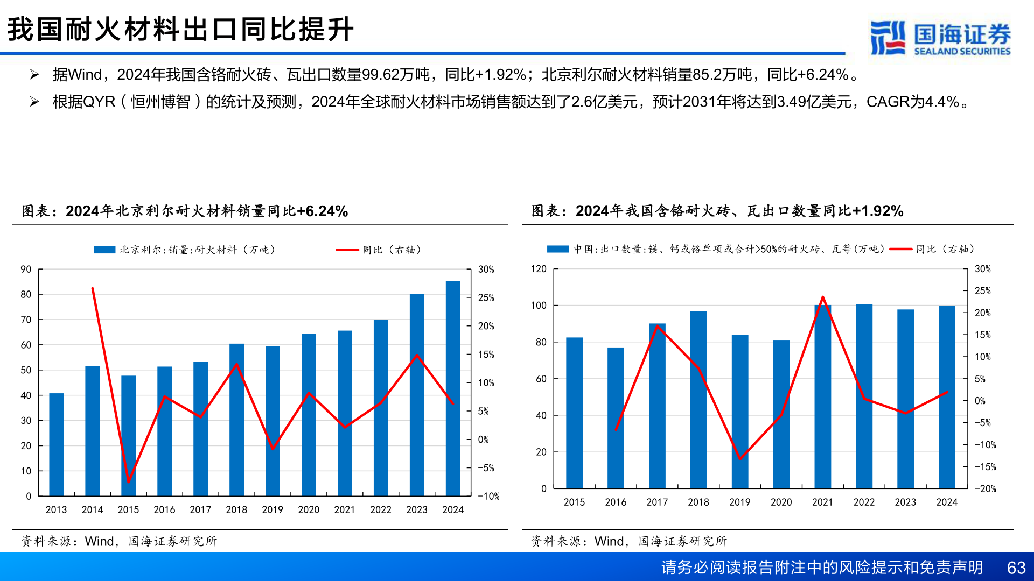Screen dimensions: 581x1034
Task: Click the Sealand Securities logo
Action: point(940,38)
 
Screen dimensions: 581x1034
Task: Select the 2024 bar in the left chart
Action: point(453,387)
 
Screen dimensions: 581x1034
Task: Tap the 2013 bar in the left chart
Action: point(57,444)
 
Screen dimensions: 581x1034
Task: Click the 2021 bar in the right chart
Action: point(822,398)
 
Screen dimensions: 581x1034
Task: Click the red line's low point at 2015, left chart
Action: point(128,481)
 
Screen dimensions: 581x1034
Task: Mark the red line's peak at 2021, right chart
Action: point(822,297)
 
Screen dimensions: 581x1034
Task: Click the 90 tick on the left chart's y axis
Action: point(26,269)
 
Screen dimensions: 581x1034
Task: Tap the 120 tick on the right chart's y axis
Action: point(539,269)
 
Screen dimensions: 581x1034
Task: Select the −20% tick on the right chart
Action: point(986,489)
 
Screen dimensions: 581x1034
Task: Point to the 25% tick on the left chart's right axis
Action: point(486,298)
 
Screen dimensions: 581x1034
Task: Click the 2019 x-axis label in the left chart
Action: point(273,509)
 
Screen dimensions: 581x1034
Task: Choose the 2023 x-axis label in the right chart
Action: point(905,502)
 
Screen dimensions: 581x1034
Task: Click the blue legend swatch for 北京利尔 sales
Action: point(104,250)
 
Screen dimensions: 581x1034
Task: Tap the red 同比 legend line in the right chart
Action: point(900,250)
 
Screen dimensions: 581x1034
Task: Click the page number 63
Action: point(1016,568)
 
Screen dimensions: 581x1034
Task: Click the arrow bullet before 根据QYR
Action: point(34,102)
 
